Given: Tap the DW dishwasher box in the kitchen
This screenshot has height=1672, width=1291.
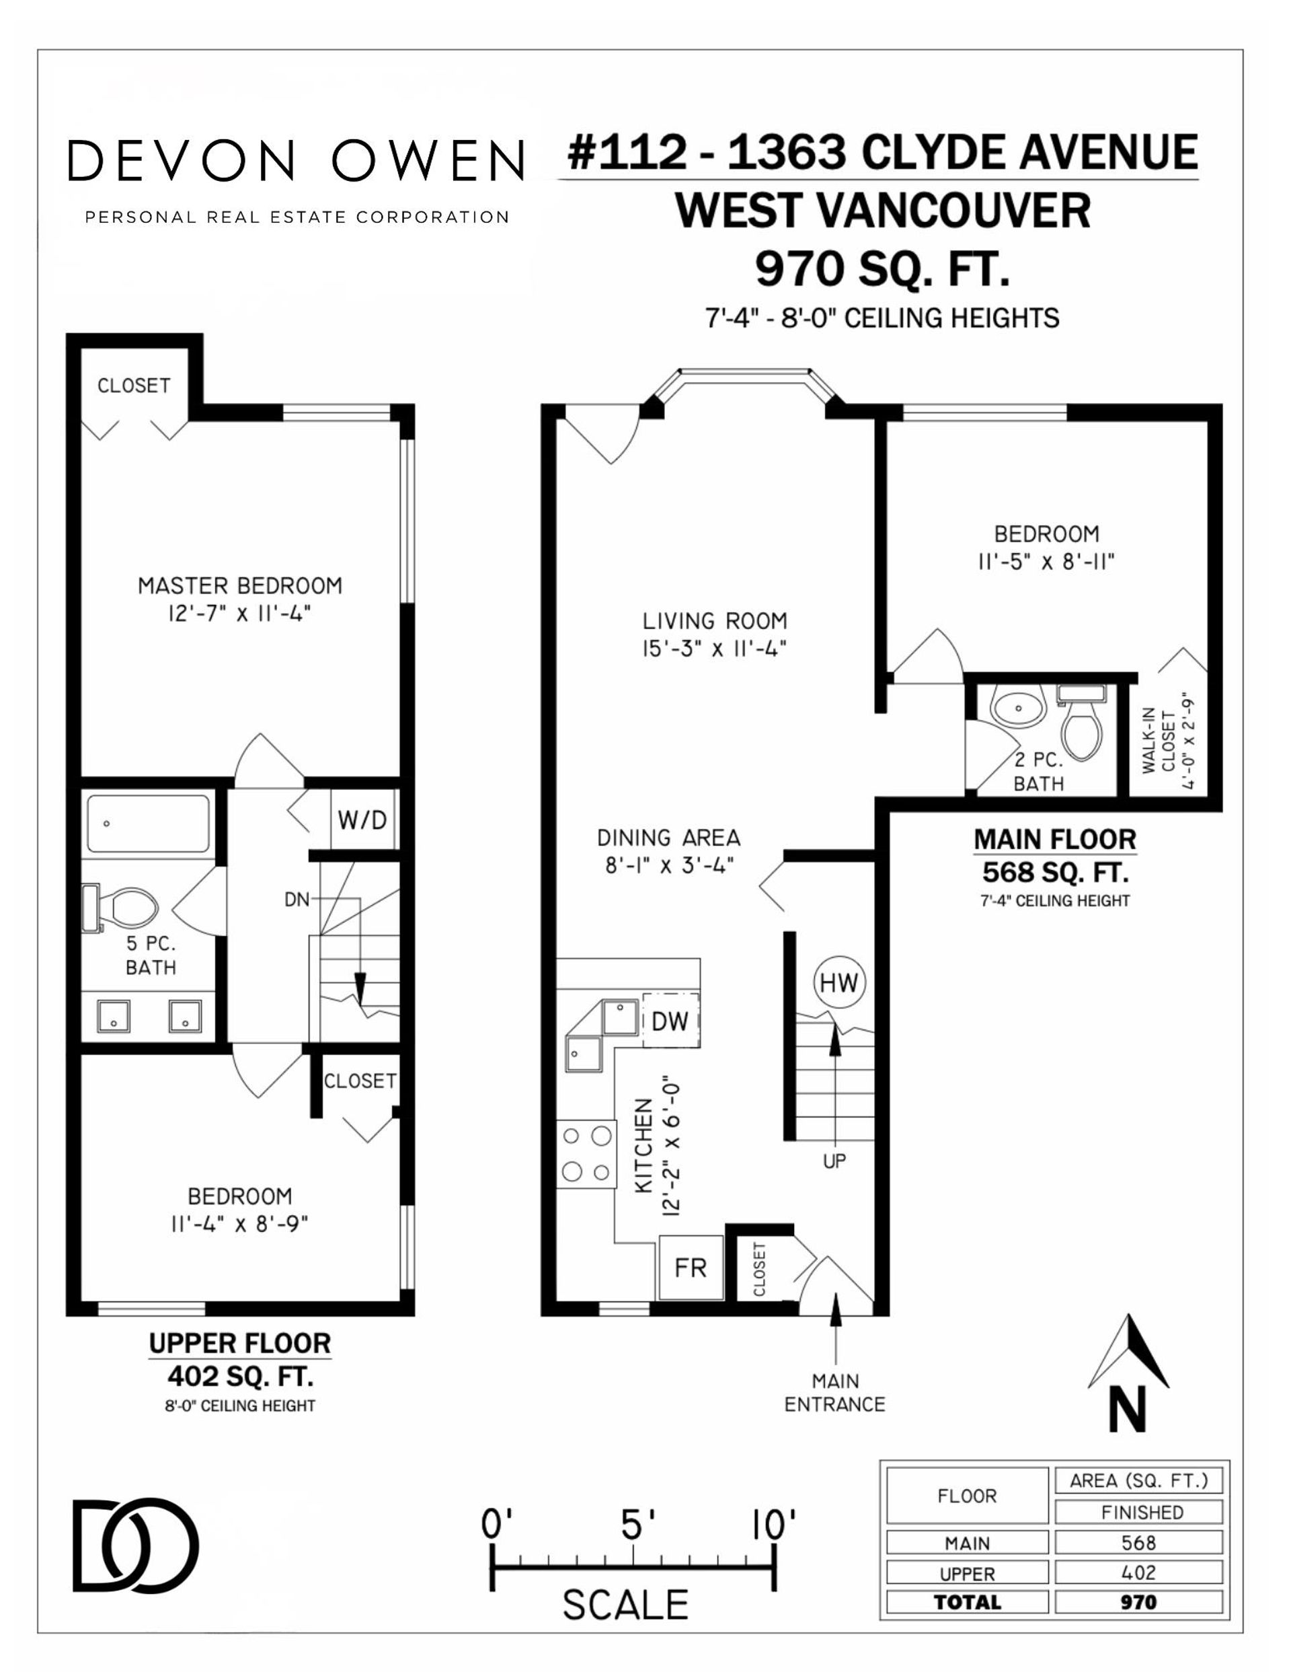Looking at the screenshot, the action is [670, 1021].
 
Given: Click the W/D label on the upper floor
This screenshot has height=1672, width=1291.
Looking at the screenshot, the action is [362, 820].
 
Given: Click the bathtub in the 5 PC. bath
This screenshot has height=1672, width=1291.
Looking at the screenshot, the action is [149, 824].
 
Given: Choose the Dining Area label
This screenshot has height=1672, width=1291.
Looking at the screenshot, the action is [669, 838].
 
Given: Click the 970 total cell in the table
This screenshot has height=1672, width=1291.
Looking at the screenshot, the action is [1138, 1601].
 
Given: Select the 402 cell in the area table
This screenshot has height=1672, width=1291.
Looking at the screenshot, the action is [1138, 1572].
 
